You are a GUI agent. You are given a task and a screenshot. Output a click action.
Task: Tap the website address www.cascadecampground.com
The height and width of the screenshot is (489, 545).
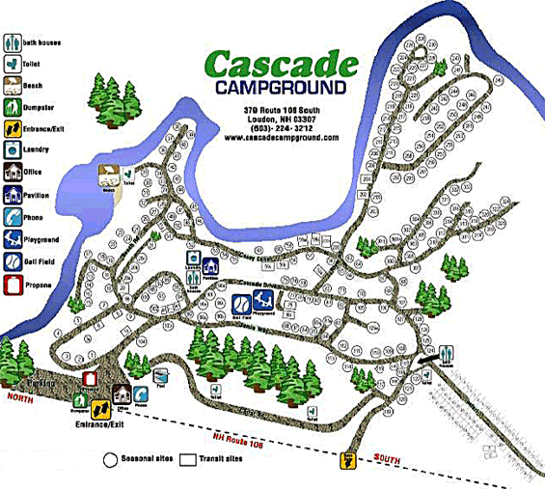click(281, 138)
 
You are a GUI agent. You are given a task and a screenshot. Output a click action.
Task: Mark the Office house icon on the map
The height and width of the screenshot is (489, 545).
click(122, 394)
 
